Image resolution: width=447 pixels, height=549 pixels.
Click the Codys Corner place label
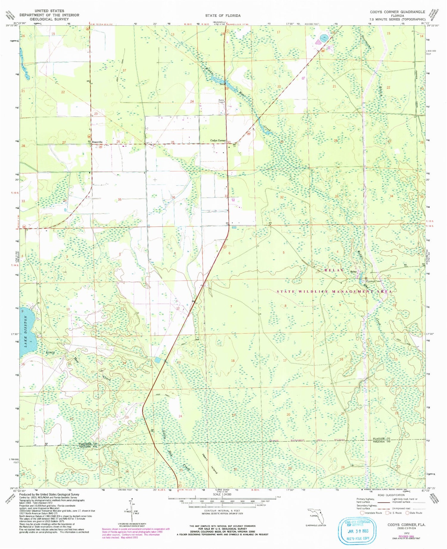[x=218, y=141]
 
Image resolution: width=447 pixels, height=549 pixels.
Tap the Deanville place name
[x=97, y=142]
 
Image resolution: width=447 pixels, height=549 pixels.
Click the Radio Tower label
[x=221, y=101]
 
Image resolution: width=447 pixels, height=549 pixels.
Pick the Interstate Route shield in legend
[x=362, y=513]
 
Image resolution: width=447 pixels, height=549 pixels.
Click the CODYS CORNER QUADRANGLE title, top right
[x=397, y=12]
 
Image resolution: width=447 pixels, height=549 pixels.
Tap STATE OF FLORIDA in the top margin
[x=223, y=15]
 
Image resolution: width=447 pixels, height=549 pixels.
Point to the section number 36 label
[x=173, y=197]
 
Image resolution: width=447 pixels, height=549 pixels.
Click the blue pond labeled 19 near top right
[x=324, y=38]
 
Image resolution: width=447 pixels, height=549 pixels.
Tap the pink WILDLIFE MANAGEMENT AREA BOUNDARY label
[x=307, y=440]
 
